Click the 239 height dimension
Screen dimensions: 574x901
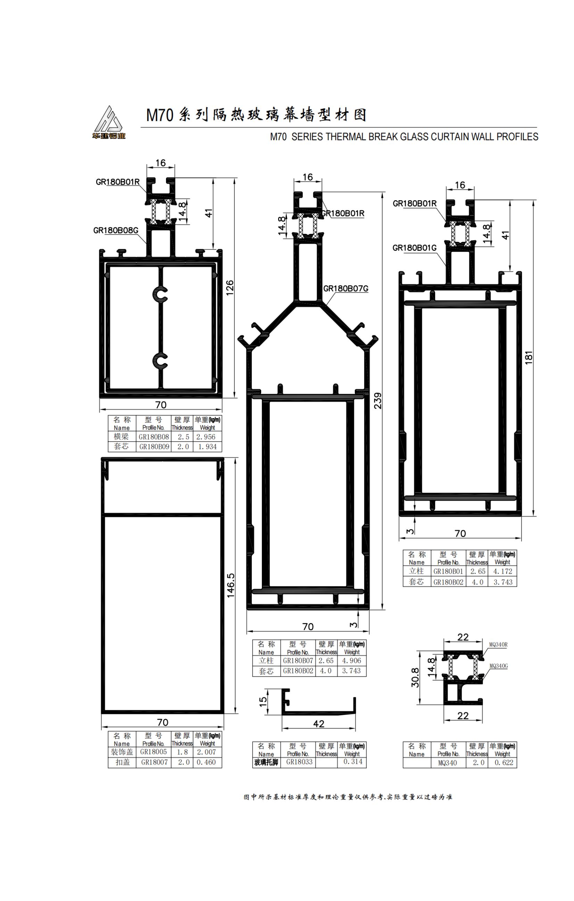pyautogui.click(x=378, y=400)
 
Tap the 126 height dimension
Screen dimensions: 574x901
pyautogui.click(x=230, y=288)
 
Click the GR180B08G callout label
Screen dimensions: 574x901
pyautogui.click(x=116, y=230)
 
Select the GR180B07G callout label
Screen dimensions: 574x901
pyautogui.click(x=346, y=289)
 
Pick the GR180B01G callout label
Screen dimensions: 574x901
pyautogui.click(x=415, y=248)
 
